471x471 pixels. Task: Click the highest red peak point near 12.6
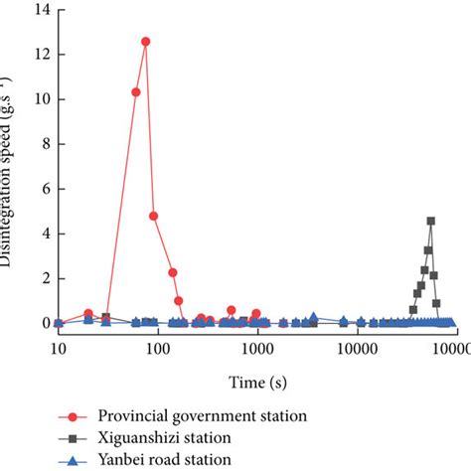coord(146,42)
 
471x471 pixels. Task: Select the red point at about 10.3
coord(136,92)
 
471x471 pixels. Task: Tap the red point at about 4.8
coord(154,216)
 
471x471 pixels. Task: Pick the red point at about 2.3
coord(172,272)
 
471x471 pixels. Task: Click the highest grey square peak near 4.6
coord(430,221)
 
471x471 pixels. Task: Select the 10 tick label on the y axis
coord(41,99)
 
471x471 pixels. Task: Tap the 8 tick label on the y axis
coord(44,144)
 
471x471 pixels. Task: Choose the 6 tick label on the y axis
coord(44,189)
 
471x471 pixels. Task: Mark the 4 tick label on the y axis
coord(44,234)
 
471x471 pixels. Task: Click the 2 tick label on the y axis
coord(44,278)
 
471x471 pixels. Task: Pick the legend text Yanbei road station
coord(164,458)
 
